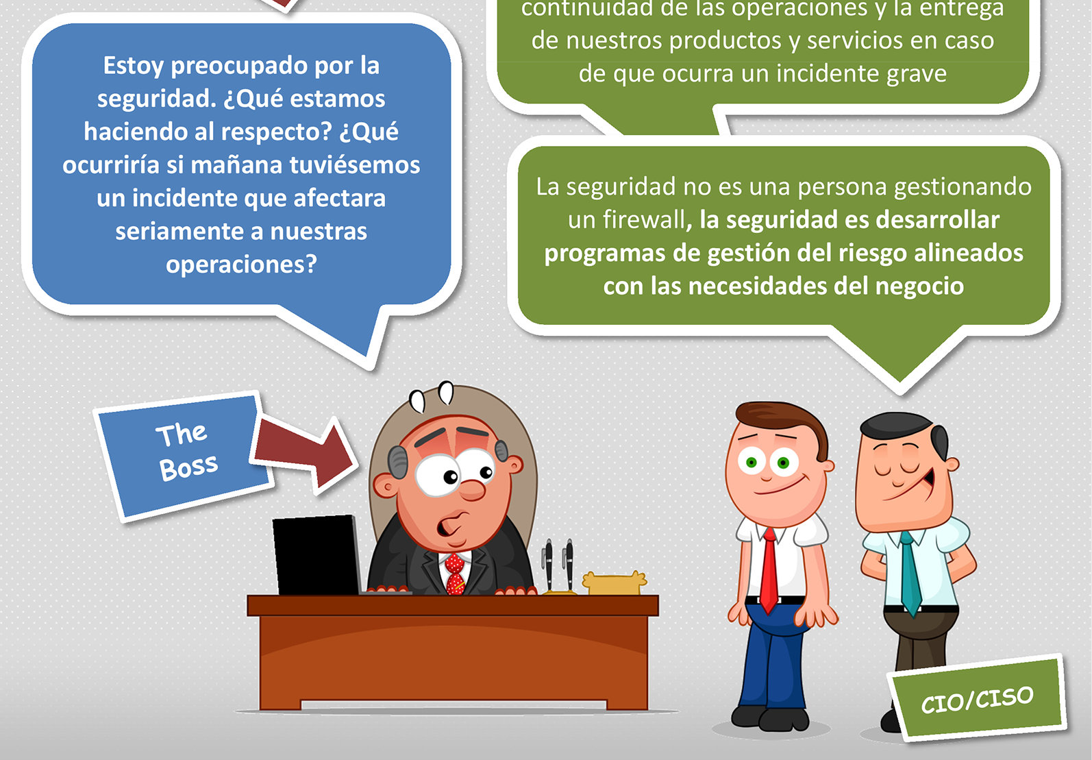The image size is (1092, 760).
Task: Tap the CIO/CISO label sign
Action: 976,698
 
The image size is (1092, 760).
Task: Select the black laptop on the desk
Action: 317,555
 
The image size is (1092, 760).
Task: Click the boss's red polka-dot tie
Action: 456,573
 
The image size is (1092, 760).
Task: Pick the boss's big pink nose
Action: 472,490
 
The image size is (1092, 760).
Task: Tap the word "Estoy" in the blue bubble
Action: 133,66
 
